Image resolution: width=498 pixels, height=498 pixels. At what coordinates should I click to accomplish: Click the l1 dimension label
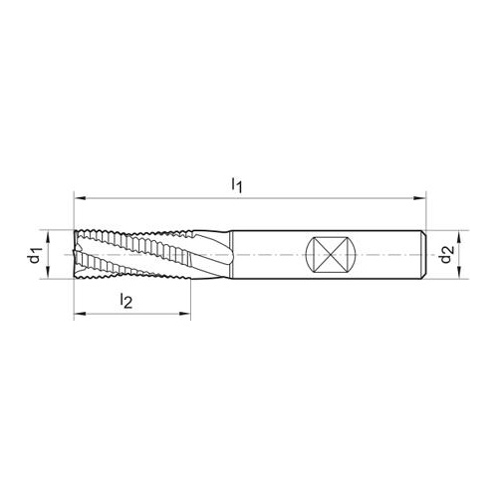(237, 185)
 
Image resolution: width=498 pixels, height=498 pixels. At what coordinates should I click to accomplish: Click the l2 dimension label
(125, 301)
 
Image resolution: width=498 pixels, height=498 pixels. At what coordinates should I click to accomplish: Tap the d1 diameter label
(35, 255)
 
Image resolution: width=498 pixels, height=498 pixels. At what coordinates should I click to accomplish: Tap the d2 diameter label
(446, 254)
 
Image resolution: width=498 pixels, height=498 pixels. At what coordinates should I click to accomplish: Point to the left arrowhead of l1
(80, 198)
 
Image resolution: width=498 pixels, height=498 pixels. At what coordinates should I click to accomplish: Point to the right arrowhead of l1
(419, 198)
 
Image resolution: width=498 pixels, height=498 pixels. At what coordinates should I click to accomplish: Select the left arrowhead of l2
(80, 314)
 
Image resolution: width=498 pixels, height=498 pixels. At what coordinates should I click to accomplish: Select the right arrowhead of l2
(184, 314)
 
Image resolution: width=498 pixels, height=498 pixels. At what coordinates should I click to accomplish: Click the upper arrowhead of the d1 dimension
(48, 236)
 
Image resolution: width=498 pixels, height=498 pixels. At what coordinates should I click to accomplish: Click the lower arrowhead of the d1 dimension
(48, 273)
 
